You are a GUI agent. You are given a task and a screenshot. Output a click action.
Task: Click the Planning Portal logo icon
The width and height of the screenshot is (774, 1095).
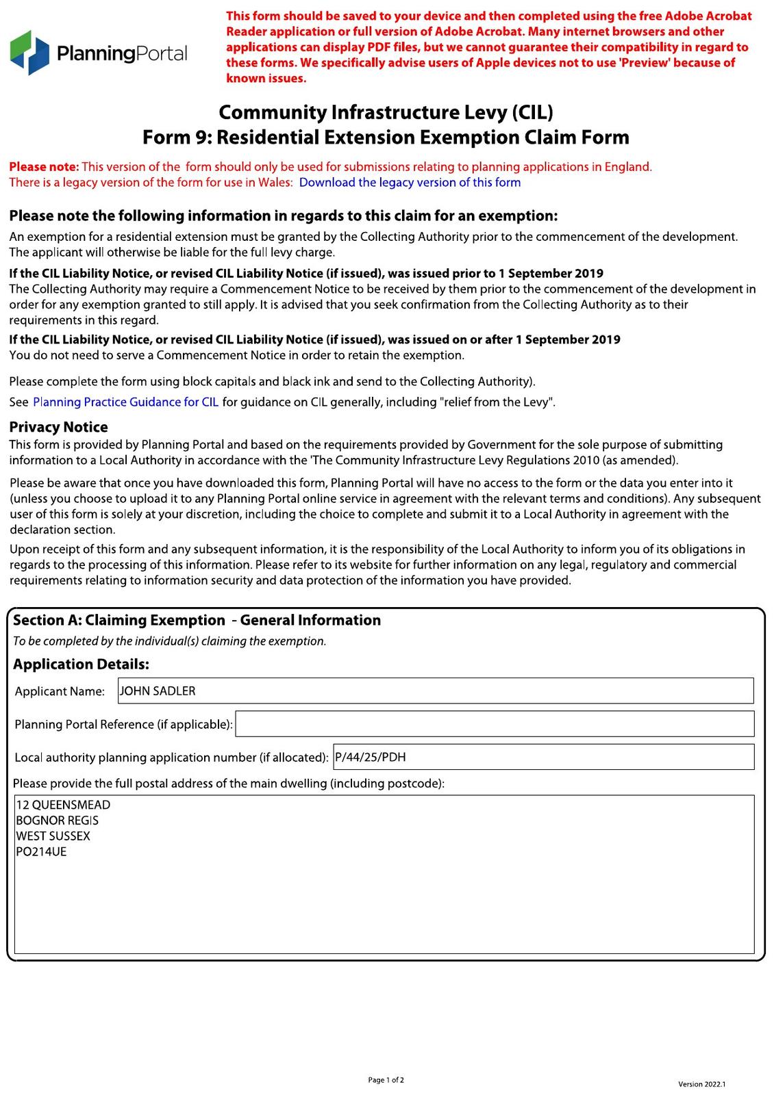(29, 52)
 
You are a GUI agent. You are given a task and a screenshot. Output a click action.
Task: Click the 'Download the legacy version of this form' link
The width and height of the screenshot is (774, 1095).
(410, 183)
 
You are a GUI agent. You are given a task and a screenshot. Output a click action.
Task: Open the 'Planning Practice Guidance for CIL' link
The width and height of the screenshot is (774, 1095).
(125, 402)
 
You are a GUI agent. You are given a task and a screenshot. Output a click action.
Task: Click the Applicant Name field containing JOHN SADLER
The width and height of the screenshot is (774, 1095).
(435, 691)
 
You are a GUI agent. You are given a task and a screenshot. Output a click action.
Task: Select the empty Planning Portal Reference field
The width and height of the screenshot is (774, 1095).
(494, 724)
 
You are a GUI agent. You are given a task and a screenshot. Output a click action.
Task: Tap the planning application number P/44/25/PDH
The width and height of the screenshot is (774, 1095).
(371, 758)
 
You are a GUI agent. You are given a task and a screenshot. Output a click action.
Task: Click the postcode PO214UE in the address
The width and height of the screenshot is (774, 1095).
(41, 853)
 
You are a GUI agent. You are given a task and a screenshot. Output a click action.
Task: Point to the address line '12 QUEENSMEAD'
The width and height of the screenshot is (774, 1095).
(63, 806)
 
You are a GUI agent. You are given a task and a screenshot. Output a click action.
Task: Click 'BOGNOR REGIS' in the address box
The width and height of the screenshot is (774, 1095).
(58, 821)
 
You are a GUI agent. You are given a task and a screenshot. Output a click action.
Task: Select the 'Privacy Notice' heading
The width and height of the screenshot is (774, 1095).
(58, 427)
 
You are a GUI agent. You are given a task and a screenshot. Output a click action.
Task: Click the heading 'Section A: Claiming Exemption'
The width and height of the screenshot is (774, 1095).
(119, 621)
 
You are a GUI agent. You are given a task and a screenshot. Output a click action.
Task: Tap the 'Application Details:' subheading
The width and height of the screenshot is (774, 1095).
(81, 665)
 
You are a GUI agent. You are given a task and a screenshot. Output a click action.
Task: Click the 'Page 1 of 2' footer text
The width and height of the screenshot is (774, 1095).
(386, 1081)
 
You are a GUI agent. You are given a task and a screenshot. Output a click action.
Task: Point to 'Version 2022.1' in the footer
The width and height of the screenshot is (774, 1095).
(701, 1084)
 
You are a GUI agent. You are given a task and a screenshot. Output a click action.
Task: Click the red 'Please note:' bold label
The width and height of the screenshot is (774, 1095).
(44, 167)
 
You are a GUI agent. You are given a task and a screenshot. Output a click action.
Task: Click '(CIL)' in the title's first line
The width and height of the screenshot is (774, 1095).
(531, 112)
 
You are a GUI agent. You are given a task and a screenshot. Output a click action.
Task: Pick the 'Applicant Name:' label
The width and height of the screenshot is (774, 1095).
(60, 692)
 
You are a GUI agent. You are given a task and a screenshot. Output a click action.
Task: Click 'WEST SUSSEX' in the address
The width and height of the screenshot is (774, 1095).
(53, 837)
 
